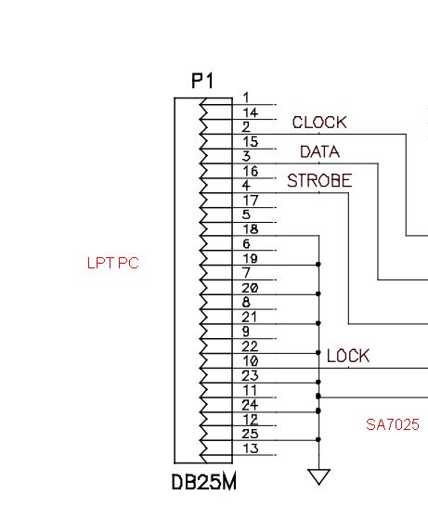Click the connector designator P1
(203, 81)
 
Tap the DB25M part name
(204, 482)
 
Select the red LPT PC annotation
(112, 263)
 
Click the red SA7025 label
(393, 424)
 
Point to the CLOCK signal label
(319, 123)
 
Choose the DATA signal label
(320, 152)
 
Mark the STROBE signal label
(319, 181)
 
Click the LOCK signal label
(348, 357)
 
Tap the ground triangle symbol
(318, 476)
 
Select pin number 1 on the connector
(246, 97)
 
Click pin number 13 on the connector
(251, 448)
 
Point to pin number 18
(251, 229)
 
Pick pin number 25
(250, 434)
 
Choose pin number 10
(251, 360)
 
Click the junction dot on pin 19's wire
(318, 265)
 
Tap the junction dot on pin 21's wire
(318, 323)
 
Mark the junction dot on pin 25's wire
(318, 440)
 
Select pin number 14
(251, 112)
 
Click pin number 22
(250, 346)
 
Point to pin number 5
(246, 214)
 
